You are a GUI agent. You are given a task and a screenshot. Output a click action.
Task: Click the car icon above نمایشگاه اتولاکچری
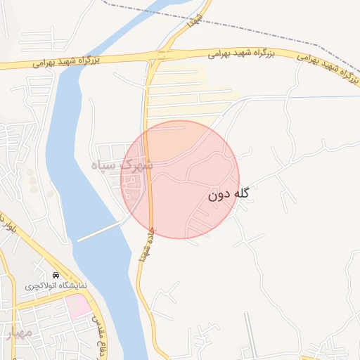[x=56, y=274]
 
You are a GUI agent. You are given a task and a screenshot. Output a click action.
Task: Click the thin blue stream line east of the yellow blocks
[x=316, y=97]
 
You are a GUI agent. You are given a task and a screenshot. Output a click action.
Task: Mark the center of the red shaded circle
[x=181, y=179]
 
